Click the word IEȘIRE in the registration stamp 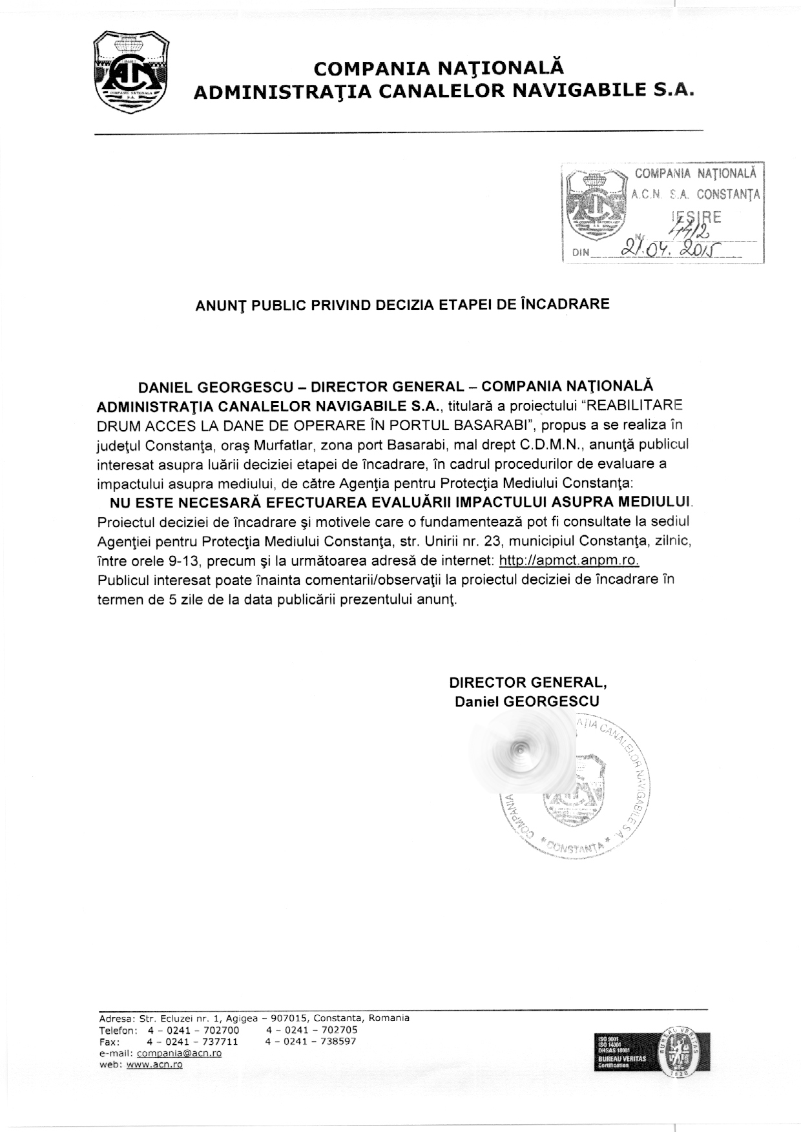pos(696,218)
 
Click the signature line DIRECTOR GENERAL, pos(528,683)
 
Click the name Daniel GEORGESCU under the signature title pos(527,702)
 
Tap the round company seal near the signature pos(575,785)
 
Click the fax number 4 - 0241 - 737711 pos(192,1042)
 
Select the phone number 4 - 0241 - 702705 pos(311,1030)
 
